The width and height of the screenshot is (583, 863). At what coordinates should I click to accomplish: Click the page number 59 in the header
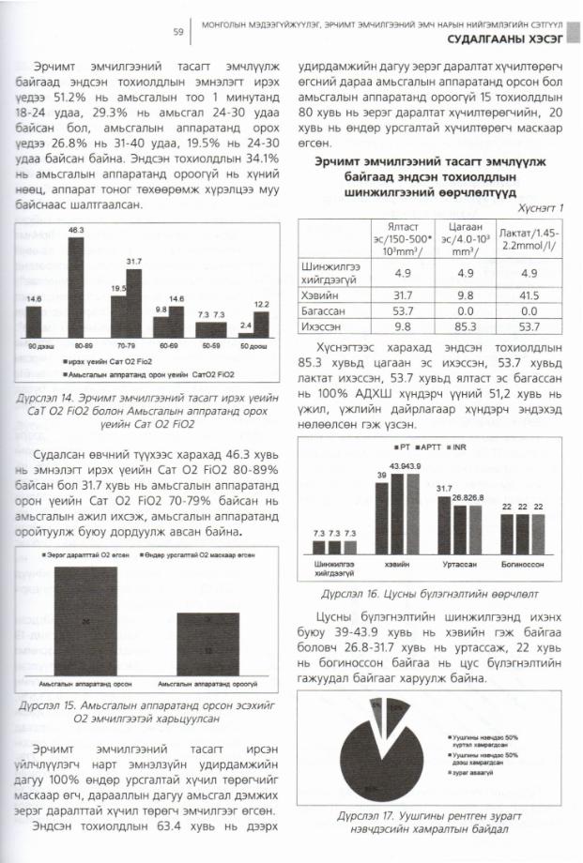pos(176,32)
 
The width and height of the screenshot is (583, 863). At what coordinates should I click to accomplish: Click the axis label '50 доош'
pos(254,348)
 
